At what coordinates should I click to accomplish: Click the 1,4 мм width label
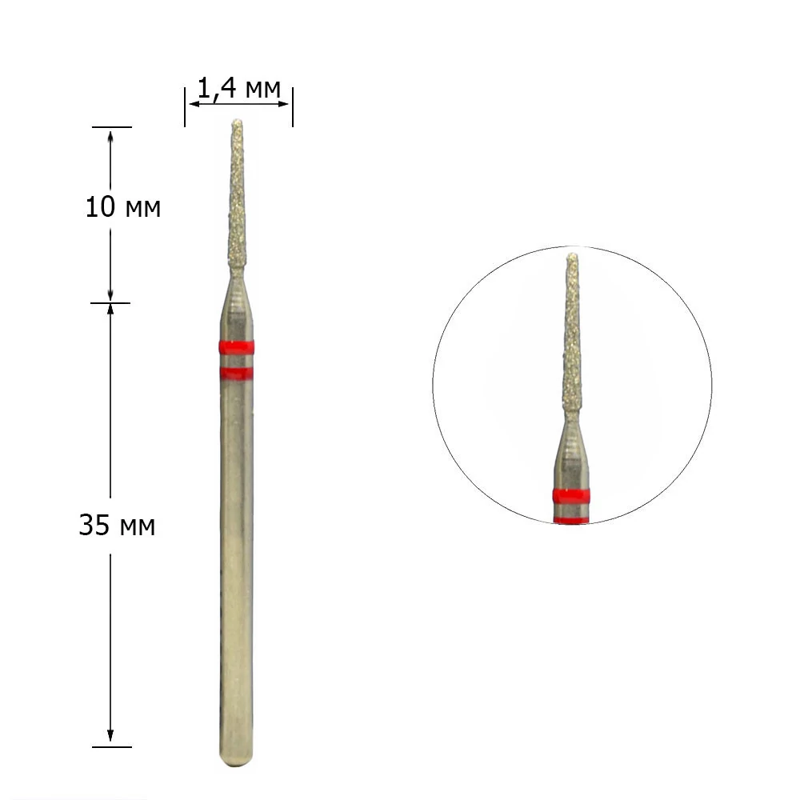tap(238, 88)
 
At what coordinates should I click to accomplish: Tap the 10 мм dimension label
tap(123, 208)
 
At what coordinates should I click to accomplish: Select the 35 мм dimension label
tap(117, 525)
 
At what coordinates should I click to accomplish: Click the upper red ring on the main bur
tap(237, 347)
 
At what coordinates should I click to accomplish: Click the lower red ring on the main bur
tap(237, 374)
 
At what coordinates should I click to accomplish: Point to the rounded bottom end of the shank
tap(236, 758)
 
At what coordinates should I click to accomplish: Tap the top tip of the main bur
tap(237, 121)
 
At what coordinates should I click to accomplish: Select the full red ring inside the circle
tap(571, 496)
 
